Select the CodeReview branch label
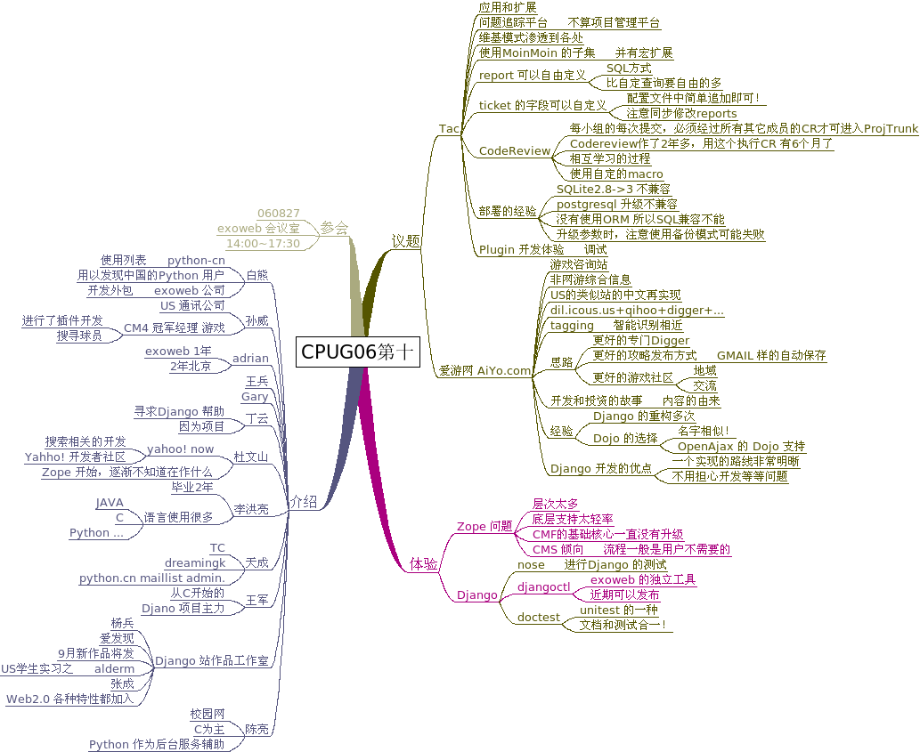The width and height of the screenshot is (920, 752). [515, 151]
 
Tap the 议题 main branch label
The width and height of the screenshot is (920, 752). [406, 241]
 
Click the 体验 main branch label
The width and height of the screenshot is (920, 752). [424, 563]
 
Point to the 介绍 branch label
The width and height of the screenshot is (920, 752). [304, 502]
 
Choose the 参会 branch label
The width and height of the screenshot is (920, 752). [334, 228]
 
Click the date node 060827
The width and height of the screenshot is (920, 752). [278, 214]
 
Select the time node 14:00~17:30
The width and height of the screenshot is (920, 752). [263, 244]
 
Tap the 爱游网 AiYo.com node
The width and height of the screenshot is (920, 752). [484, 370]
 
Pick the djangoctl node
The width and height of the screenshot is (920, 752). [543, 587]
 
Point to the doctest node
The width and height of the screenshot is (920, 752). [539, 618]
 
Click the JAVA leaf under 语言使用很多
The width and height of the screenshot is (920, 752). [110, 503]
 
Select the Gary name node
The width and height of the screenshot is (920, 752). [255, 397]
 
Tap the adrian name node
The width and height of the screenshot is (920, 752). [250, 359]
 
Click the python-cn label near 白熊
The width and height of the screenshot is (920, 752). [196, 261]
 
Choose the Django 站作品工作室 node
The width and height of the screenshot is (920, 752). [212, 661]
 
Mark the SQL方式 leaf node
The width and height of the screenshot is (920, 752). [629, 68]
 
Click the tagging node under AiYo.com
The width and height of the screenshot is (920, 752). [572, 326]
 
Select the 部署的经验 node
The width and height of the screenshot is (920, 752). [508, 212]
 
